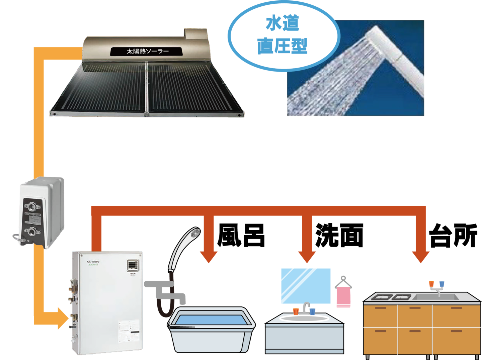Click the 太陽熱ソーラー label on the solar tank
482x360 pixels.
(x=147, y=52)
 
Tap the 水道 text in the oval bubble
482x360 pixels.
(x=282, y=24)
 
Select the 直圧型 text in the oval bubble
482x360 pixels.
(x=282, y=46)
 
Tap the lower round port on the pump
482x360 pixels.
(x=32, y=231)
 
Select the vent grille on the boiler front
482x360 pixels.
(x=132, y=265)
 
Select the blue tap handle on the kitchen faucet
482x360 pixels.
(x=442, y=284)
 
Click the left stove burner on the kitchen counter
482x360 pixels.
(x=382, y=297)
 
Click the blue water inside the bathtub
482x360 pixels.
(x=211, y=320)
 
